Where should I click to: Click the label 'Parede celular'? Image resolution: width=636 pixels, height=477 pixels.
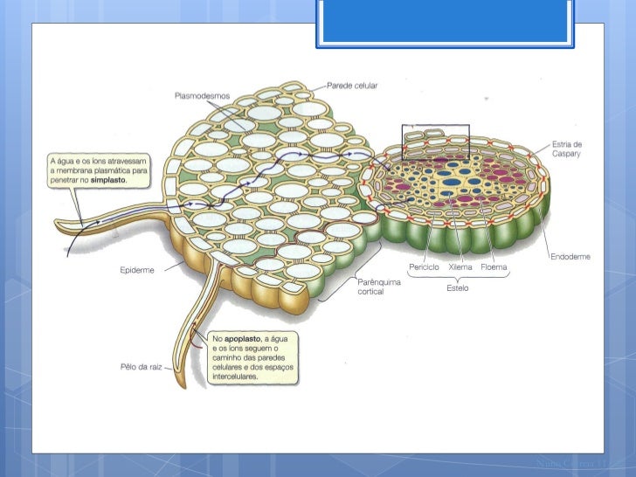(352, 85)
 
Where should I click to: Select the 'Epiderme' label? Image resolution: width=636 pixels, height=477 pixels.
(136, 270)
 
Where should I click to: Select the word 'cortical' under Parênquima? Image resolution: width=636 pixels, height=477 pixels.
(372, 291)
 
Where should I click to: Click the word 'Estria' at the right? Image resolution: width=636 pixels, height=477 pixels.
(566, 144)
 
